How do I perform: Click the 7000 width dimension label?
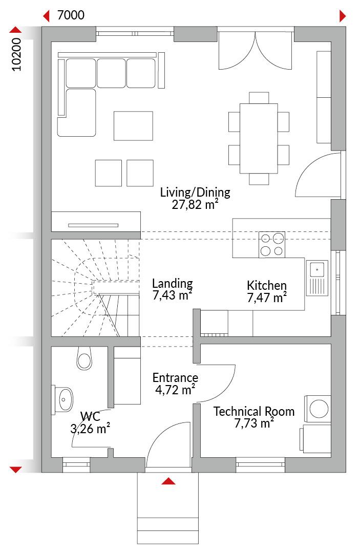click(71, 15)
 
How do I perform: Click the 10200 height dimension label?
click(16, 55)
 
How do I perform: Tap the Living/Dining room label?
click(195, 193)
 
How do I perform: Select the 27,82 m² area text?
click(195, 204)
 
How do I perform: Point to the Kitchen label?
click(267, 285)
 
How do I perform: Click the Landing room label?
click(173, 283)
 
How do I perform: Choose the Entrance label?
click(175, 378)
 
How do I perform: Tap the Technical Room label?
click(254, 411)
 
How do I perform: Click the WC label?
click(90, 416)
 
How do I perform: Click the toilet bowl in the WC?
click(84, 358)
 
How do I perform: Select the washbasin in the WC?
click(64, 399)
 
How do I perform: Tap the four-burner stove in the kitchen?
click(272, 245)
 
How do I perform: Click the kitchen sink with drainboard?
click(317, 278)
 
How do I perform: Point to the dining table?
click(259, 138)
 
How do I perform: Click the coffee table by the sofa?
click(133, 126)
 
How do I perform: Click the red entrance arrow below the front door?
click(168, 481)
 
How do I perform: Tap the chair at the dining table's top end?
click(259, 98)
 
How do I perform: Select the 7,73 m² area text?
click(254, 423)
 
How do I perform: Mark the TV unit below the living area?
click(96, 222)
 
